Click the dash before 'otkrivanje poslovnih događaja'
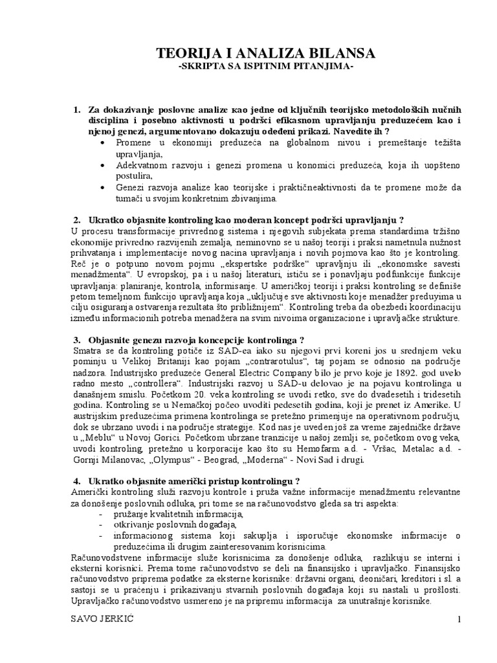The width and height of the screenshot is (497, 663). tap(102, 524)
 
